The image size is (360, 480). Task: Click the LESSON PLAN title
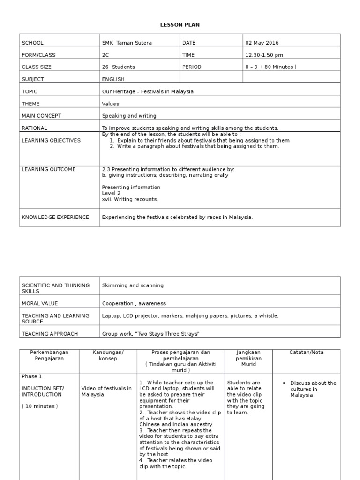[180, 24]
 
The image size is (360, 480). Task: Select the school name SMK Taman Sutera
[127, 43]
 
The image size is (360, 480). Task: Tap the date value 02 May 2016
[262, 43]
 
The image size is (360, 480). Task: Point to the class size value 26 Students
[119, 67]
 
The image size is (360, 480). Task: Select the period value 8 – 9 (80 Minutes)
[271, 67]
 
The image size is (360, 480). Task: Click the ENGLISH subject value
[113, 79]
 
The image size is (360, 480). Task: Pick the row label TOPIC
[29, 91]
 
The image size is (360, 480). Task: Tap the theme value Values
[111, 104]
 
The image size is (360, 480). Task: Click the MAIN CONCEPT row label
[42, 116]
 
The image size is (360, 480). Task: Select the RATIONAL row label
[35, 128]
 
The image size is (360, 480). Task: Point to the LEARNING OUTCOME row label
[49, 169]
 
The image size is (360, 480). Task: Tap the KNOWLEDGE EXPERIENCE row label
[55, 217]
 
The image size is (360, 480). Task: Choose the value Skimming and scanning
[133, 285]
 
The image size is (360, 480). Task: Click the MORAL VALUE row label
[40, 303]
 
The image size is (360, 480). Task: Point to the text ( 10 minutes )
[40, 406]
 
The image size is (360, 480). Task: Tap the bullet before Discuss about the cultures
[285, 383]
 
